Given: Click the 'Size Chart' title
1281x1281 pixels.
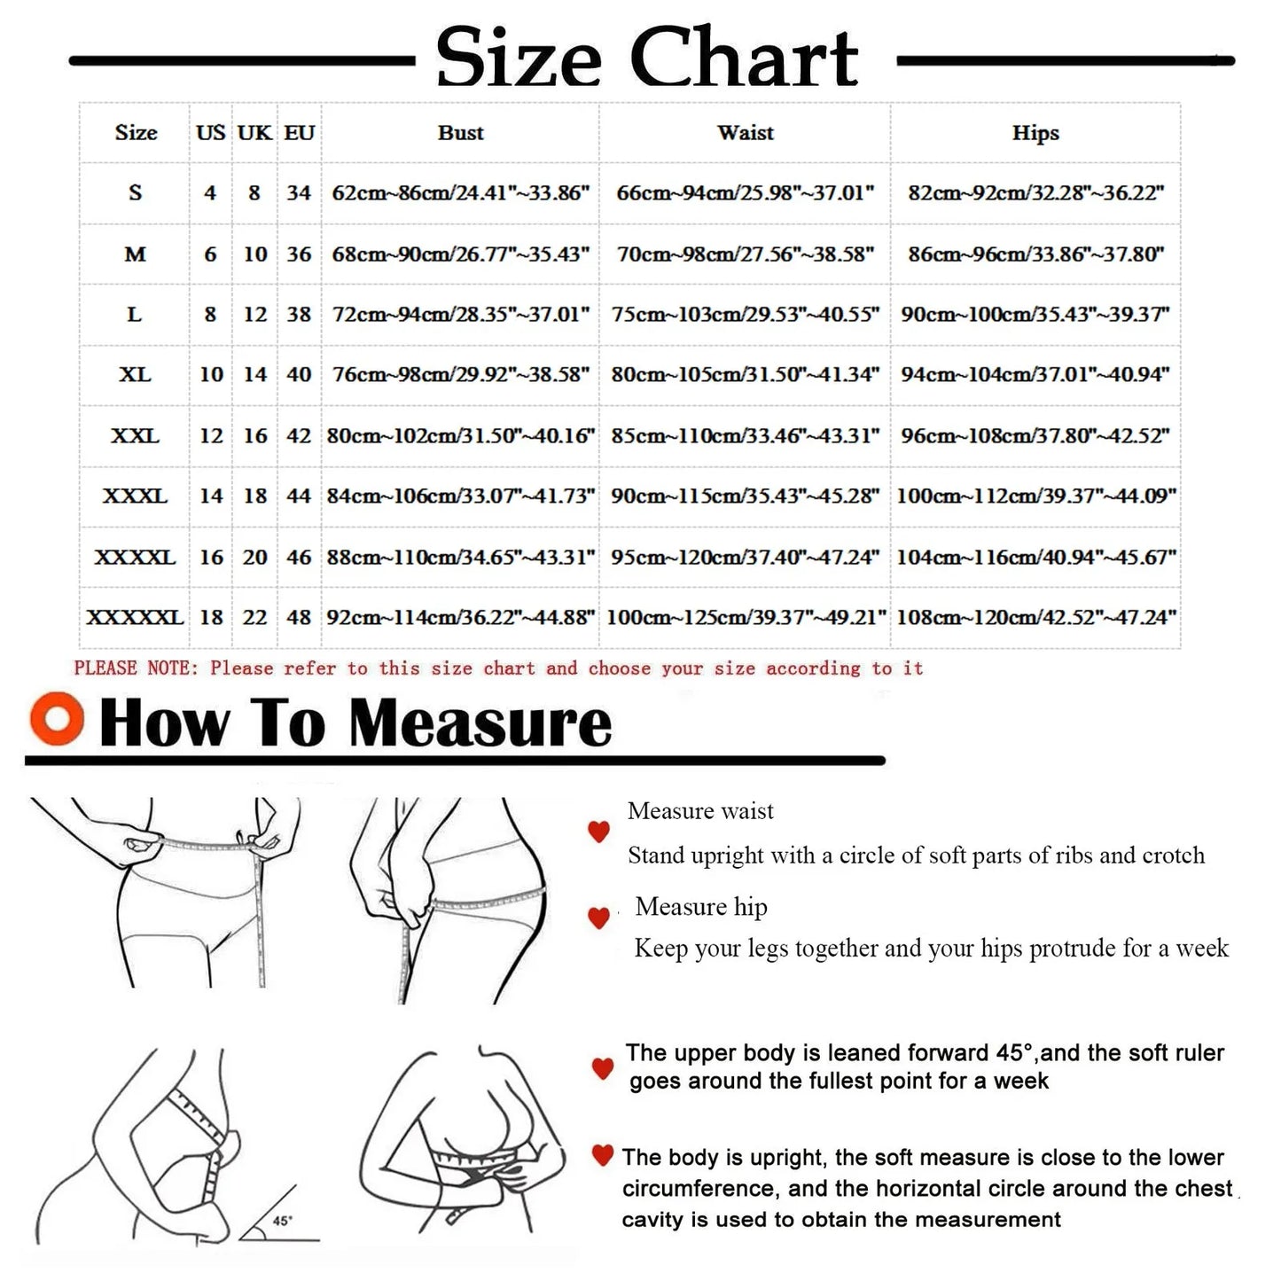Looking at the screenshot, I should [x=646, y=59].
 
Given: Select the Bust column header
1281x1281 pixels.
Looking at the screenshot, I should [x=460, y=133].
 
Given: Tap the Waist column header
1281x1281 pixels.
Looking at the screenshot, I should [x=745, y=133].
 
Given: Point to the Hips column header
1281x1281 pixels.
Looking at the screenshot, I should [x=1035, y=133].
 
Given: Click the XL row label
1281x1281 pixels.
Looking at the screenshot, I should [x=135, y=375].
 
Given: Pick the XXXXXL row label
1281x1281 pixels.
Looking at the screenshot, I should [x=135, y=617].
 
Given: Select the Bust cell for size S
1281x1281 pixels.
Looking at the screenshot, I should [x=460, y=193].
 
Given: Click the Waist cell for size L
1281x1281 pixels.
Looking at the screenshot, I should [x=745, y=315].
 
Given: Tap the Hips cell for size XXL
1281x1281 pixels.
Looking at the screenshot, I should [x=1035, y=436].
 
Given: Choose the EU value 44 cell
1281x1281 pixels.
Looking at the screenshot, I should [x=299, y=496].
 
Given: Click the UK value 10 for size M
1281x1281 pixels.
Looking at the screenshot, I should [x=254, y=254].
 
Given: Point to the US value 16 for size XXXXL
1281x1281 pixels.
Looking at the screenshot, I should [x=211, y=558].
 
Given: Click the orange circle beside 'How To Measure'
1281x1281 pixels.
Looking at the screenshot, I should [x=57, y=719].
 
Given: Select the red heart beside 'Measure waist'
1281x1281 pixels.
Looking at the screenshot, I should [x=599, y=832].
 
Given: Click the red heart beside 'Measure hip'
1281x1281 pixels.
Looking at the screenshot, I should [x=599, y=918].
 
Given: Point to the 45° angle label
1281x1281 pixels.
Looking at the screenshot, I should [x=282, y=1221].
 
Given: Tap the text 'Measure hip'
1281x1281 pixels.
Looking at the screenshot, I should [x=701, y=907].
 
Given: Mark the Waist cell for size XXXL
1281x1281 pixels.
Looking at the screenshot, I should [x=745, y=496].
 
